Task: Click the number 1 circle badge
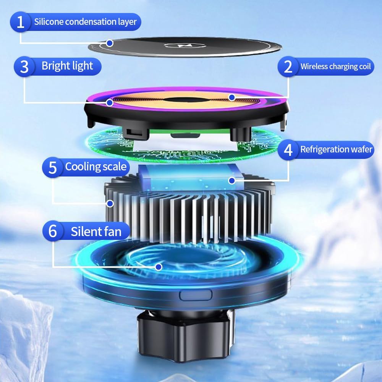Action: tap(21, 22)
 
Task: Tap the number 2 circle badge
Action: tap(288, 66)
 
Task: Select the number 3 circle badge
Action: tap(24, 66)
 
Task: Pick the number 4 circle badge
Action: tap(288, 149)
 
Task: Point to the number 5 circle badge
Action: tap(53, 167)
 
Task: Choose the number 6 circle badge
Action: tap(53, 231)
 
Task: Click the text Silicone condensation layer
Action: tap(85, 22)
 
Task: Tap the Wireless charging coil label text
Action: tap(335, 66)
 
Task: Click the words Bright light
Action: tap(67, 66)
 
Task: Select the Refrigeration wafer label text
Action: tap(336, 149)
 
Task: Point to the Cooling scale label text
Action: tap(95, 167)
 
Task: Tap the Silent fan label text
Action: tap(96, 231)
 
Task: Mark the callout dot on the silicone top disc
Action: tap(110, 43)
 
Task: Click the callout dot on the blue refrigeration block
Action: tap(231, 180)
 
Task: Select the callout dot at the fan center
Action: tap(159, 266)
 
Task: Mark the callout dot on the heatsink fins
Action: tap(111, 203)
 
